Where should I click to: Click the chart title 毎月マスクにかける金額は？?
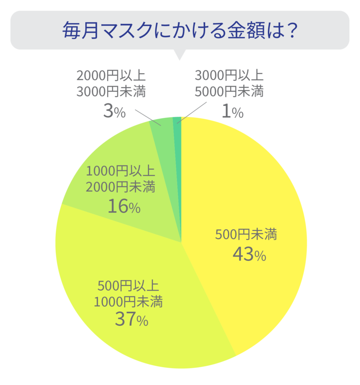[x=180, y=30]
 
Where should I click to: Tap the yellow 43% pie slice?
[x=260, y=192]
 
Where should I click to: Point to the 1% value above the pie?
[x=232, y=112]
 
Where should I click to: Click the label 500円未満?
[x=246, y=235]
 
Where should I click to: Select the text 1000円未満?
[x=128, y=302]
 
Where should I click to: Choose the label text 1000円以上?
[x=120, y=171]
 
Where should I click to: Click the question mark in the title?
[x=288, y=30]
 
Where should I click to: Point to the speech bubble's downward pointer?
[x=180, y=54]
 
